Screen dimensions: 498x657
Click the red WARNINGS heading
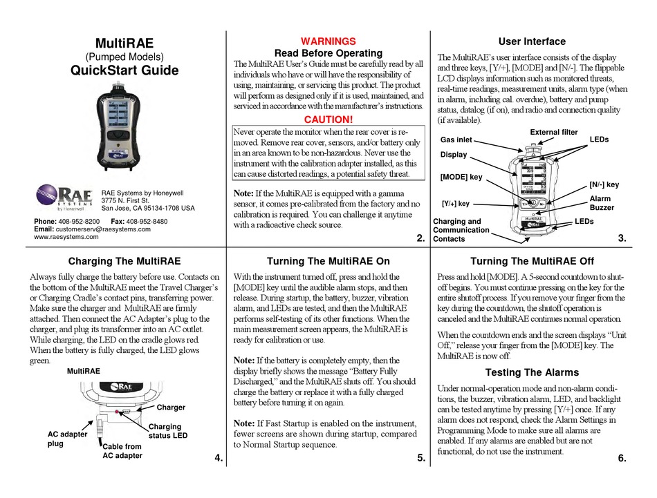coord(328,41)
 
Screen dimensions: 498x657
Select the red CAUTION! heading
coord(328,119)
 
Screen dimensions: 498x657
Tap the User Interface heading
coord(532,41)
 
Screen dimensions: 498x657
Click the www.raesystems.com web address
coord(66,236)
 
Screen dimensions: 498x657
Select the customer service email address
coord(102,229)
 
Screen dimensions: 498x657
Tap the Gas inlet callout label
coord(456,140)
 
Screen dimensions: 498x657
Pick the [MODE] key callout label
coord(461,178)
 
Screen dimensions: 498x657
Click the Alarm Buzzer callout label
coord(601,202)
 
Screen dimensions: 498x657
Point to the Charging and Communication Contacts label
coord(461,230)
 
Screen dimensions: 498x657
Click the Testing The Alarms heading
coord(532,372)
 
